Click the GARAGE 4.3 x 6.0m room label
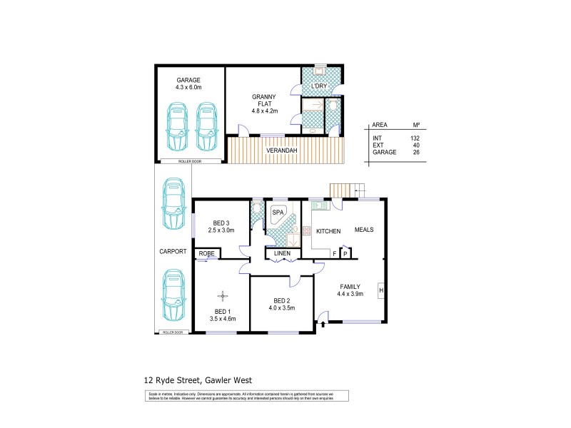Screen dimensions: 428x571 (x=189, y=83)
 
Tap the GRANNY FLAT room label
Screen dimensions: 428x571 (x=263, y=103)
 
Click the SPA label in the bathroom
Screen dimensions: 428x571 (x=277, y=213)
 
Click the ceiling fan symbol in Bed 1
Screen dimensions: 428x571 (x=223, y=295)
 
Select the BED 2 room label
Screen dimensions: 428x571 (x=281, y=304)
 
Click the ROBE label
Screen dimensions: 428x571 (x=206, y=253)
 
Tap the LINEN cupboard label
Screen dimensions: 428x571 (x=281, y=253)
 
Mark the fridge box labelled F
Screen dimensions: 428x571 (x=334, y=253)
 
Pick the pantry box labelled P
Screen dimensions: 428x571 (x=345, y=253)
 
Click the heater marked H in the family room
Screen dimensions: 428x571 (x=381, y=290)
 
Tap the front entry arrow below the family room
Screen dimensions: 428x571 (x=323, y=325)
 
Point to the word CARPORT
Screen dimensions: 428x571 (x=173, y=251)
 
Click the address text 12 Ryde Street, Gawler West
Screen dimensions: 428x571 (x=203, y=380)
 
